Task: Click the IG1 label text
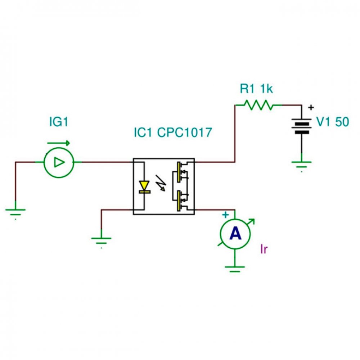point(59,122)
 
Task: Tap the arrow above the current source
point(58,143)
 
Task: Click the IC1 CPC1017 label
point(173,132)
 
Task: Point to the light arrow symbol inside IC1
point(161,183)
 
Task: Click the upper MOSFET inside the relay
point(181,172)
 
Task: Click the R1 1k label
point(256,89)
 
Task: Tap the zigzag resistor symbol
point(259,105)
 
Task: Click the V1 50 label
point(333,122)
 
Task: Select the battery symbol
point(301,126)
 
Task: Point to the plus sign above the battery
point(311,107)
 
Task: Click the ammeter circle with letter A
point(235,234)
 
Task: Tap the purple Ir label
point(264,249)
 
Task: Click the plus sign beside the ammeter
point(225,215)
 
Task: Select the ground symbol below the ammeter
point(235,269)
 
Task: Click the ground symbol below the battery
point(301,166)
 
